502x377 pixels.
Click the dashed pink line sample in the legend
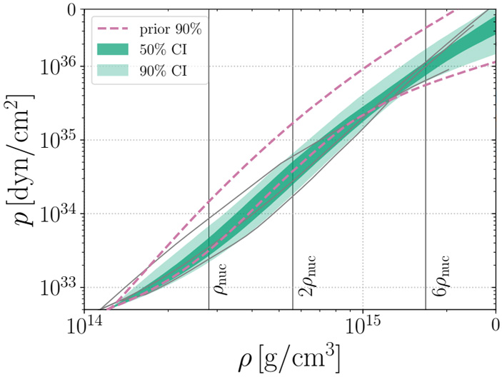[114, 31]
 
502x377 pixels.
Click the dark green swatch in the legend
[114, 49]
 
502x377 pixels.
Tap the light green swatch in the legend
[114, 69]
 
